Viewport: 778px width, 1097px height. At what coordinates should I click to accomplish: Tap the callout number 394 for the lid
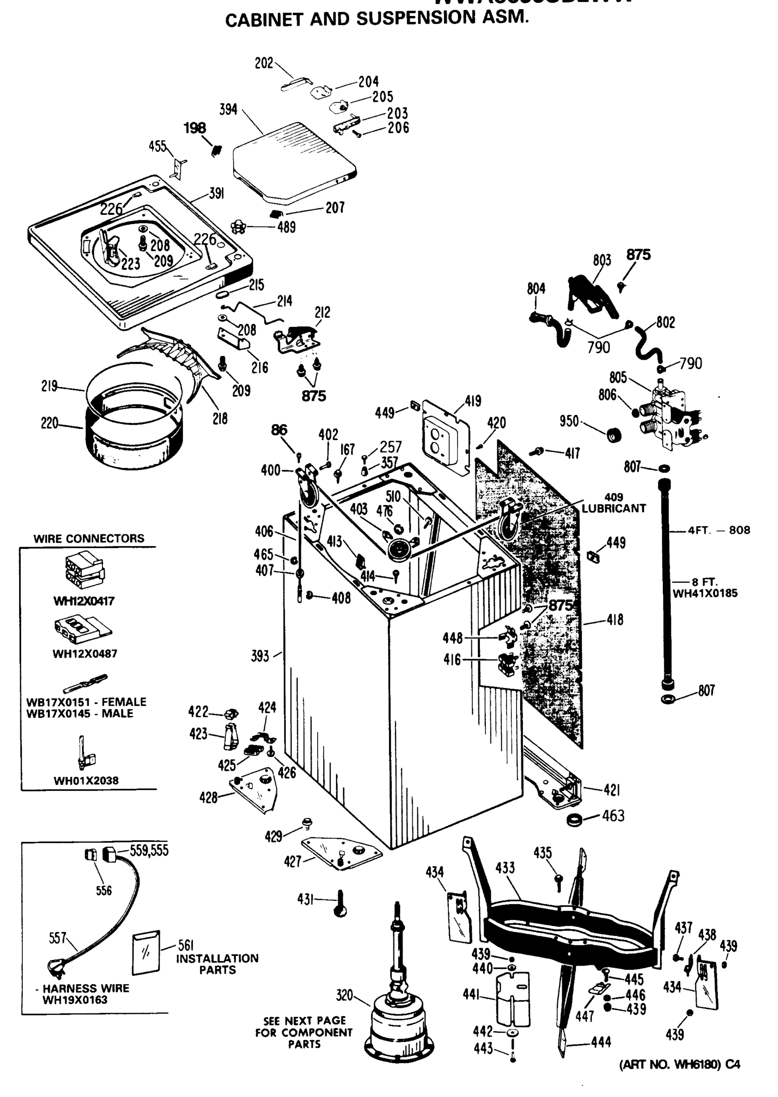(x=228, y=110)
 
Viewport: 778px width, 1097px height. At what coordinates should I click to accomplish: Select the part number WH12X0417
(x=84, y=601)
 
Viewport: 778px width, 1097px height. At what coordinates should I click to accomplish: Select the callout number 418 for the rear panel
(x=615, y=620)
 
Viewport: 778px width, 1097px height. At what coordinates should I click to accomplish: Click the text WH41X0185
(x=705, y=594)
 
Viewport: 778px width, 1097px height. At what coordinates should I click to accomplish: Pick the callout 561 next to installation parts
(x=186, y=945)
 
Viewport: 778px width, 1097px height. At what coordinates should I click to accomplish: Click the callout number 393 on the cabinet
(x=260, y=656)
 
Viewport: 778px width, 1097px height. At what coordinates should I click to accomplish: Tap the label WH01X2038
(x=86, y=781)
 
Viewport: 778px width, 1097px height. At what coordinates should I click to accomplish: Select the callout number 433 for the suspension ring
(x=505, y=868)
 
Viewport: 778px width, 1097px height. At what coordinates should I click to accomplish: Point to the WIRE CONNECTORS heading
(x=89, y=538)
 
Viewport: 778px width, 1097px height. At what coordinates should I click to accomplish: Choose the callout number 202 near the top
(x=263, y=63)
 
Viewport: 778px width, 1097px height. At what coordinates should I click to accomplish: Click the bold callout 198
(x=195, y=128)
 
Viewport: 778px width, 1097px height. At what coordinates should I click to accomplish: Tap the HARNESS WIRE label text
(x=86, y=988)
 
